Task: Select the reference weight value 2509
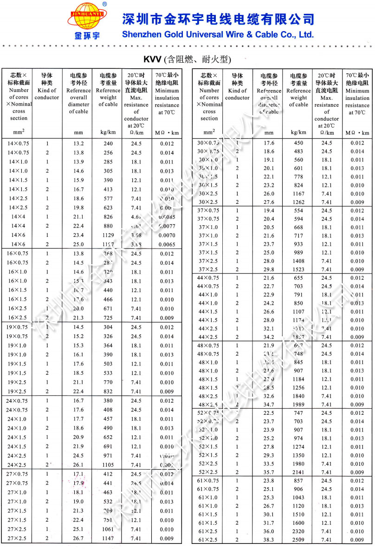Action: pyautogui.click(x=298, y=540)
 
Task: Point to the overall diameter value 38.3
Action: pyautogui.click(x=269, y=540)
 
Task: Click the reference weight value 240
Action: pyautogui.click(x=108, y=144)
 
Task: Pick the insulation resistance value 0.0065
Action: pyautogui.click(x=167, y=244)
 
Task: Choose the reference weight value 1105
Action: pyautogui.click(x=108, y=465)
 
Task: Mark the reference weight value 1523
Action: pyautogui.click(x=298, y=269)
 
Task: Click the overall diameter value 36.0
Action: pyautogui.click(x=269, y=531)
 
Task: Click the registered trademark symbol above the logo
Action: pyautogui.click(x=104, y=4)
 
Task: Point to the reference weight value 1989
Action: pyautogui.click(x=298, y=405)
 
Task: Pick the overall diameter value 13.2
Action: pyautogui.click(x=78, y=144)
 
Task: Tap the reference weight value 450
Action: pyautogui.click(x=298, y=143)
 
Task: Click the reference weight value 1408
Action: pyautogui.click(x=298, y=261)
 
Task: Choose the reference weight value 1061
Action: pyautogui.click(x=108, y=529)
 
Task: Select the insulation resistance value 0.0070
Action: pyautogui.click(x=167, y=235)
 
